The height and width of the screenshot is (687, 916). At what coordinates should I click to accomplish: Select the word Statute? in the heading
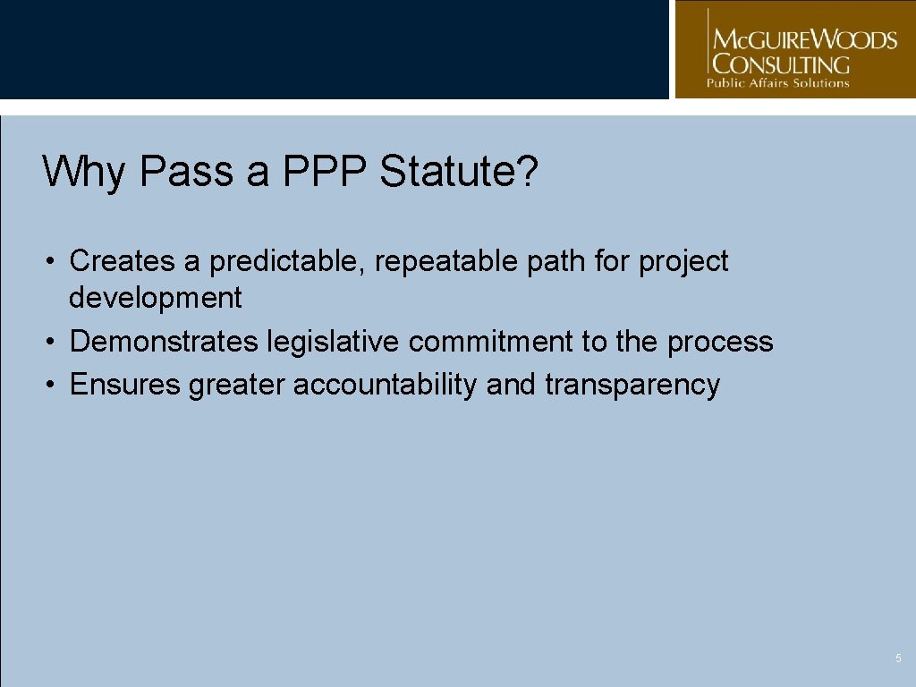(x=459, y=171)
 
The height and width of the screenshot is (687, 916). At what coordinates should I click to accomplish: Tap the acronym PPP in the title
(x=326, y=171)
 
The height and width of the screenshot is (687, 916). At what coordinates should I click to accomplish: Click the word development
(x=155, y=298)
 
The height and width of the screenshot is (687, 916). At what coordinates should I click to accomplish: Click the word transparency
(x=632, y=385)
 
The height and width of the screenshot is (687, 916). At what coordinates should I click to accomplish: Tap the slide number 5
(x=898, y=658)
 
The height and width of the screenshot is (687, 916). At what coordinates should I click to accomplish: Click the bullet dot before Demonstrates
(x=54, y=342)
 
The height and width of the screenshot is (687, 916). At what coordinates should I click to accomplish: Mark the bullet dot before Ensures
(x=54, y=386)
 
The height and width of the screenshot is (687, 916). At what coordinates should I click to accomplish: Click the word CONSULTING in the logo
(x=780, y=64)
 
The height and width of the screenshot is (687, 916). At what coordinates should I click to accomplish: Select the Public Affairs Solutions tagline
(x=778, y=83)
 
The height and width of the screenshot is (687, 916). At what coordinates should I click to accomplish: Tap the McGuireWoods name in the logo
(x=802, y=40)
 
